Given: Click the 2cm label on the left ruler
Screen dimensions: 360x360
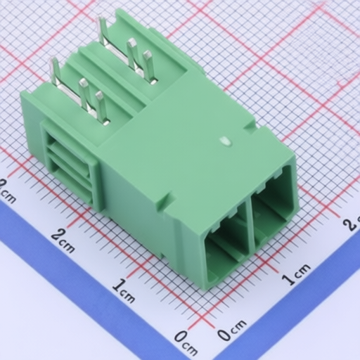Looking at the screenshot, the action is pyautogui.click(x=63, y=240).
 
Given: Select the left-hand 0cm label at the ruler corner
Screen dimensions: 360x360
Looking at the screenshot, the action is pyautogui.click(x=186, y=344).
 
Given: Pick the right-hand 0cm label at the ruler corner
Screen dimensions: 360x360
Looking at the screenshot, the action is pyautogui.click(x=232, y=330).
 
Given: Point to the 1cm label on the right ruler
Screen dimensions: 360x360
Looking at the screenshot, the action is pyautogui.click(x=296, y=274).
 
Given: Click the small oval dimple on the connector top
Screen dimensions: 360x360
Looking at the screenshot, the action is pyautogui.click(x=226, y=141).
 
